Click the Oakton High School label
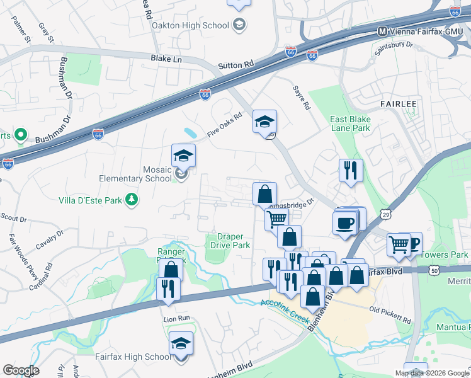click(x=190, y=25)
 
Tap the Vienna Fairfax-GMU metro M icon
click(x=382, y=31)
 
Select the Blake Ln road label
click(x=166, y=58)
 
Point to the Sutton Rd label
click(x=235, y=64)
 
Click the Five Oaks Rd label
click(x=225, y=126)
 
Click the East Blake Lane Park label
click(x=350, y=123)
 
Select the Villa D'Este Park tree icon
click(x=132, y=200)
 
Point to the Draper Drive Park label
click(x=230, y=241)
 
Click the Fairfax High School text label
click(x=132, y=357)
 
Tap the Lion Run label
click(x=176, y=319)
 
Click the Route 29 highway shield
click(x=385, y=215)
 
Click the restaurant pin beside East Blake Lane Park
click(x=349, y=170)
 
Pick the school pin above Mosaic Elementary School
click(x=183, y=156)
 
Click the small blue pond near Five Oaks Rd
click(x=190, y=133)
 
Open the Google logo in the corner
click(x=21, y=370)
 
